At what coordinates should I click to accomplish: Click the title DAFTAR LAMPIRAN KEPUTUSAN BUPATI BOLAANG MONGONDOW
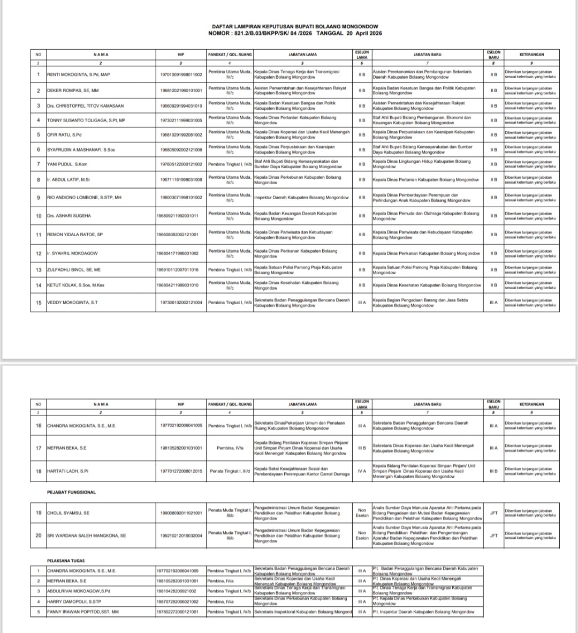point(295,26)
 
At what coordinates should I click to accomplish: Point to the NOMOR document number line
point(295,33)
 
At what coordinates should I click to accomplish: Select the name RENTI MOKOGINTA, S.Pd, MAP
point(79,74)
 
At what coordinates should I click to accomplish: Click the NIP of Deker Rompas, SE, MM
point(181,91)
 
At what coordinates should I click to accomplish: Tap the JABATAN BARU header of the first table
point(428,54)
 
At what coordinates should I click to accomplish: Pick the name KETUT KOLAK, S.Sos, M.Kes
point(76,285)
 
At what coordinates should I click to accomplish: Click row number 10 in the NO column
point(39,216)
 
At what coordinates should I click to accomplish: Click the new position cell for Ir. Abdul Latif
point(425,180)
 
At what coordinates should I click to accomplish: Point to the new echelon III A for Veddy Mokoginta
point(493,303)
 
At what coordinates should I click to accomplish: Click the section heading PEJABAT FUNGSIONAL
point(71,492)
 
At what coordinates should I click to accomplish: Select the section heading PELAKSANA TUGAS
point(66,561)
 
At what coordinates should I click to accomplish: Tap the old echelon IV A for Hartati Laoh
point(362,471)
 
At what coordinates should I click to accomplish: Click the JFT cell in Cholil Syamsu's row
point(493,513)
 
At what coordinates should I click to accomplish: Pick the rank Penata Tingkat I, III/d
point(230,471)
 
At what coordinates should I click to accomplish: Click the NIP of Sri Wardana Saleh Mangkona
point(181,536)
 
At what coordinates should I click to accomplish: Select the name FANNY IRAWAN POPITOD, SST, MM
point(83,612)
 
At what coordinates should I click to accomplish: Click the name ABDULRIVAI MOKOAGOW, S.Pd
point(79,591)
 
